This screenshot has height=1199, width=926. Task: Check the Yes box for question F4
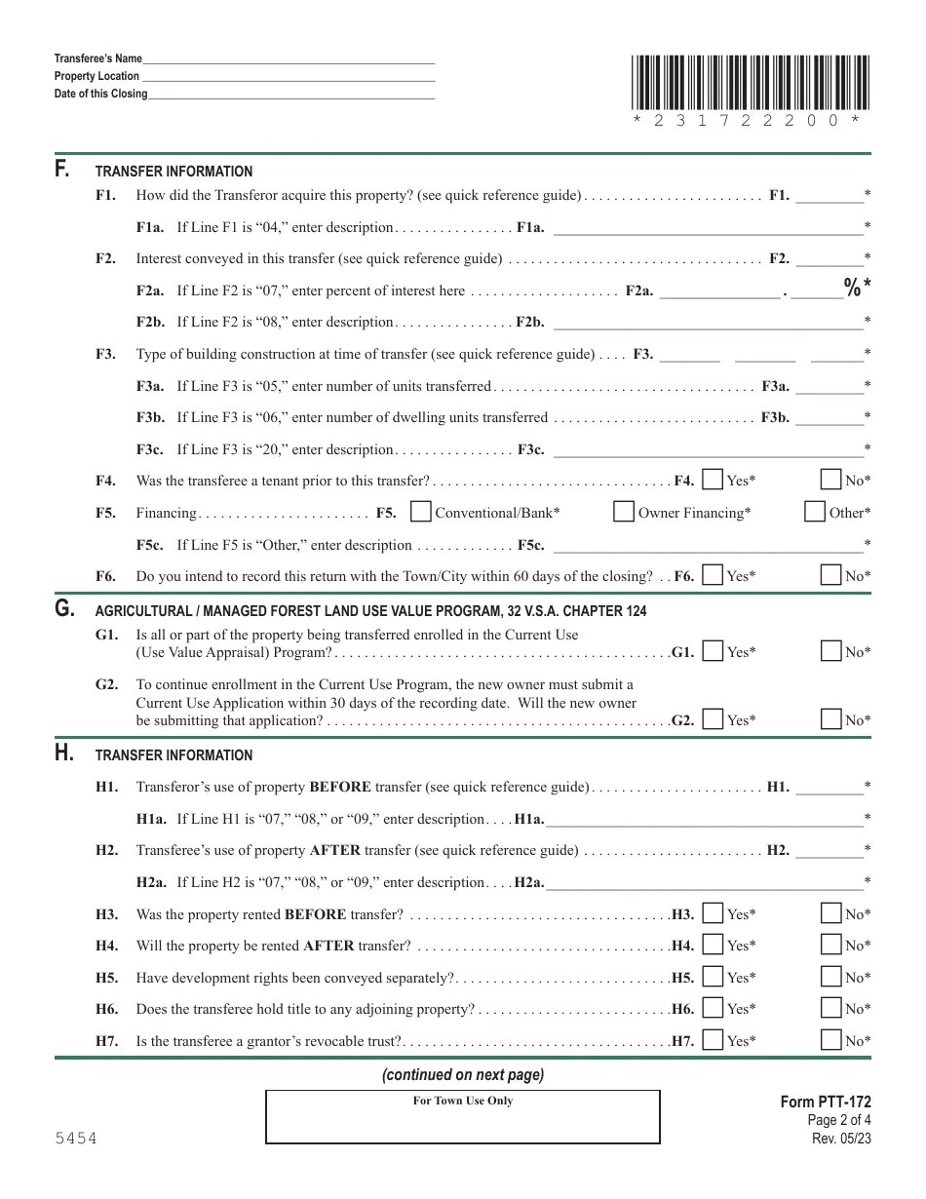click(x=713, y=480)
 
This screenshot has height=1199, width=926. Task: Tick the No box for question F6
click(x=830, y=575)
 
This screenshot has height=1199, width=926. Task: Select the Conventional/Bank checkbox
click(x=421, y=512)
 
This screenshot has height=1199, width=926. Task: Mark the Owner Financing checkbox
click(x=624, y=512)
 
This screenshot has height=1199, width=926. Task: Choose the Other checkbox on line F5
click(x=815, y=512)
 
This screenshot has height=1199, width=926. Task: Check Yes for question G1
click(x=713, y=651)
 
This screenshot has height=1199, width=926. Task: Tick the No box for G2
click(x=830, y=719)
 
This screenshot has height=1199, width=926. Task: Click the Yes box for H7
click(x=713, y=1040)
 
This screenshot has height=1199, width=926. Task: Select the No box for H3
click(x=830, y=913)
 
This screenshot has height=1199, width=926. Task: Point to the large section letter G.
click(x=64, y=609)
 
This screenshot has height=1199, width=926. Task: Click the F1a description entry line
click(x=708, y=228)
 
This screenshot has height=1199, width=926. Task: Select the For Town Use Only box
click(x=463, y=1117)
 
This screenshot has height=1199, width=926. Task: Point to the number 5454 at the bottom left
click(x=75, y=1139)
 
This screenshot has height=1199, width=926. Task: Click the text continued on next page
click(x=463, y=1075)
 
